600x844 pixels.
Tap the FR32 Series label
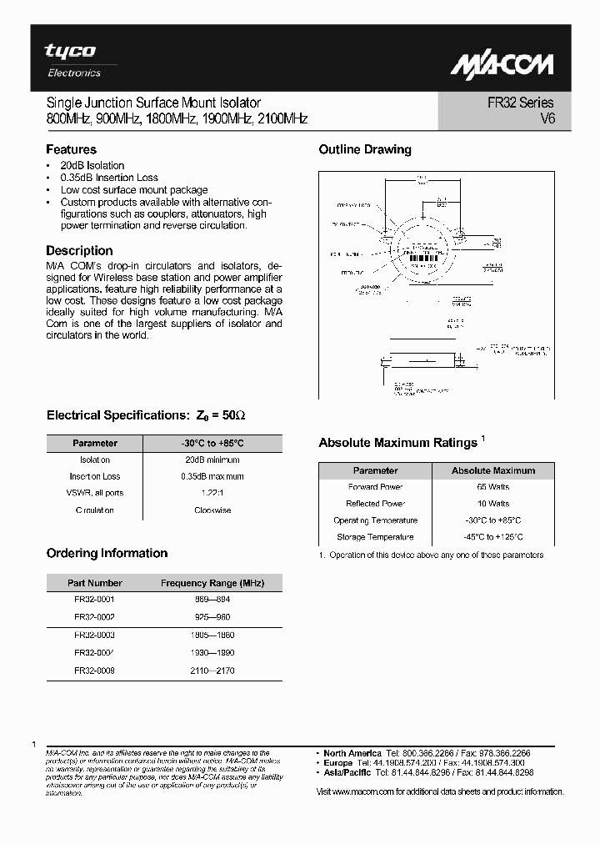521,103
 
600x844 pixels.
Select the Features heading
71,150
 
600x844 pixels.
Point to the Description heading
79,250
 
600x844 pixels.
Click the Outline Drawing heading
365,150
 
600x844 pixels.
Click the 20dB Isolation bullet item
92,165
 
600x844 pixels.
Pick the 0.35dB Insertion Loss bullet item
109,178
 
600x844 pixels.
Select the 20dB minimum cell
212,460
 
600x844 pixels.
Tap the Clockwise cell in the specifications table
212,510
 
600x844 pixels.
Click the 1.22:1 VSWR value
212,494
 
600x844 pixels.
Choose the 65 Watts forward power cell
493,487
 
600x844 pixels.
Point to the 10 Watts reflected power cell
493,504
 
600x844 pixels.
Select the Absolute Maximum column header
493,470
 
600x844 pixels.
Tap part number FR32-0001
94,600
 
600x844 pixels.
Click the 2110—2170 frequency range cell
212,670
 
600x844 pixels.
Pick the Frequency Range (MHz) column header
212,583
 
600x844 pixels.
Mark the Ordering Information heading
107,554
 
